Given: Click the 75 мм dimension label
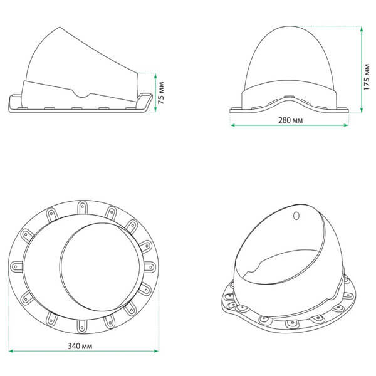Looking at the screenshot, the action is point(162,93).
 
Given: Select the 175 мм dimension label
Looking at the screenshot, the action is point(367,77).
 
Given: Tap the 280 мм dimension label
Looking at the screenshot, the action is point(290,120).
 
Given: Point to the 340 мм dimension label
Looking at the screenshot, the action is point(80,346).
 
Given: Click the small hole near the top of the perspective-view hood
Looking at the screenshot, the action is point(296,216).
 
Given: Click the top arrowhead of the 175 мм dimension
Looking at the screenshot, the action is point(362,29).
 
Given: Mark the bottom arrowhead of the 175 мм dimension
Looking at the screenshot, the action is point(362,109).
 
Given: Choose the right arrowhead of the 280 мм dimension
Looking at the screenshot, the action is point(345,125).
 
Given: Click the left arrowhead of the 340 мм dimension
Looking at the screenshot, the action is point(12,351).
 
